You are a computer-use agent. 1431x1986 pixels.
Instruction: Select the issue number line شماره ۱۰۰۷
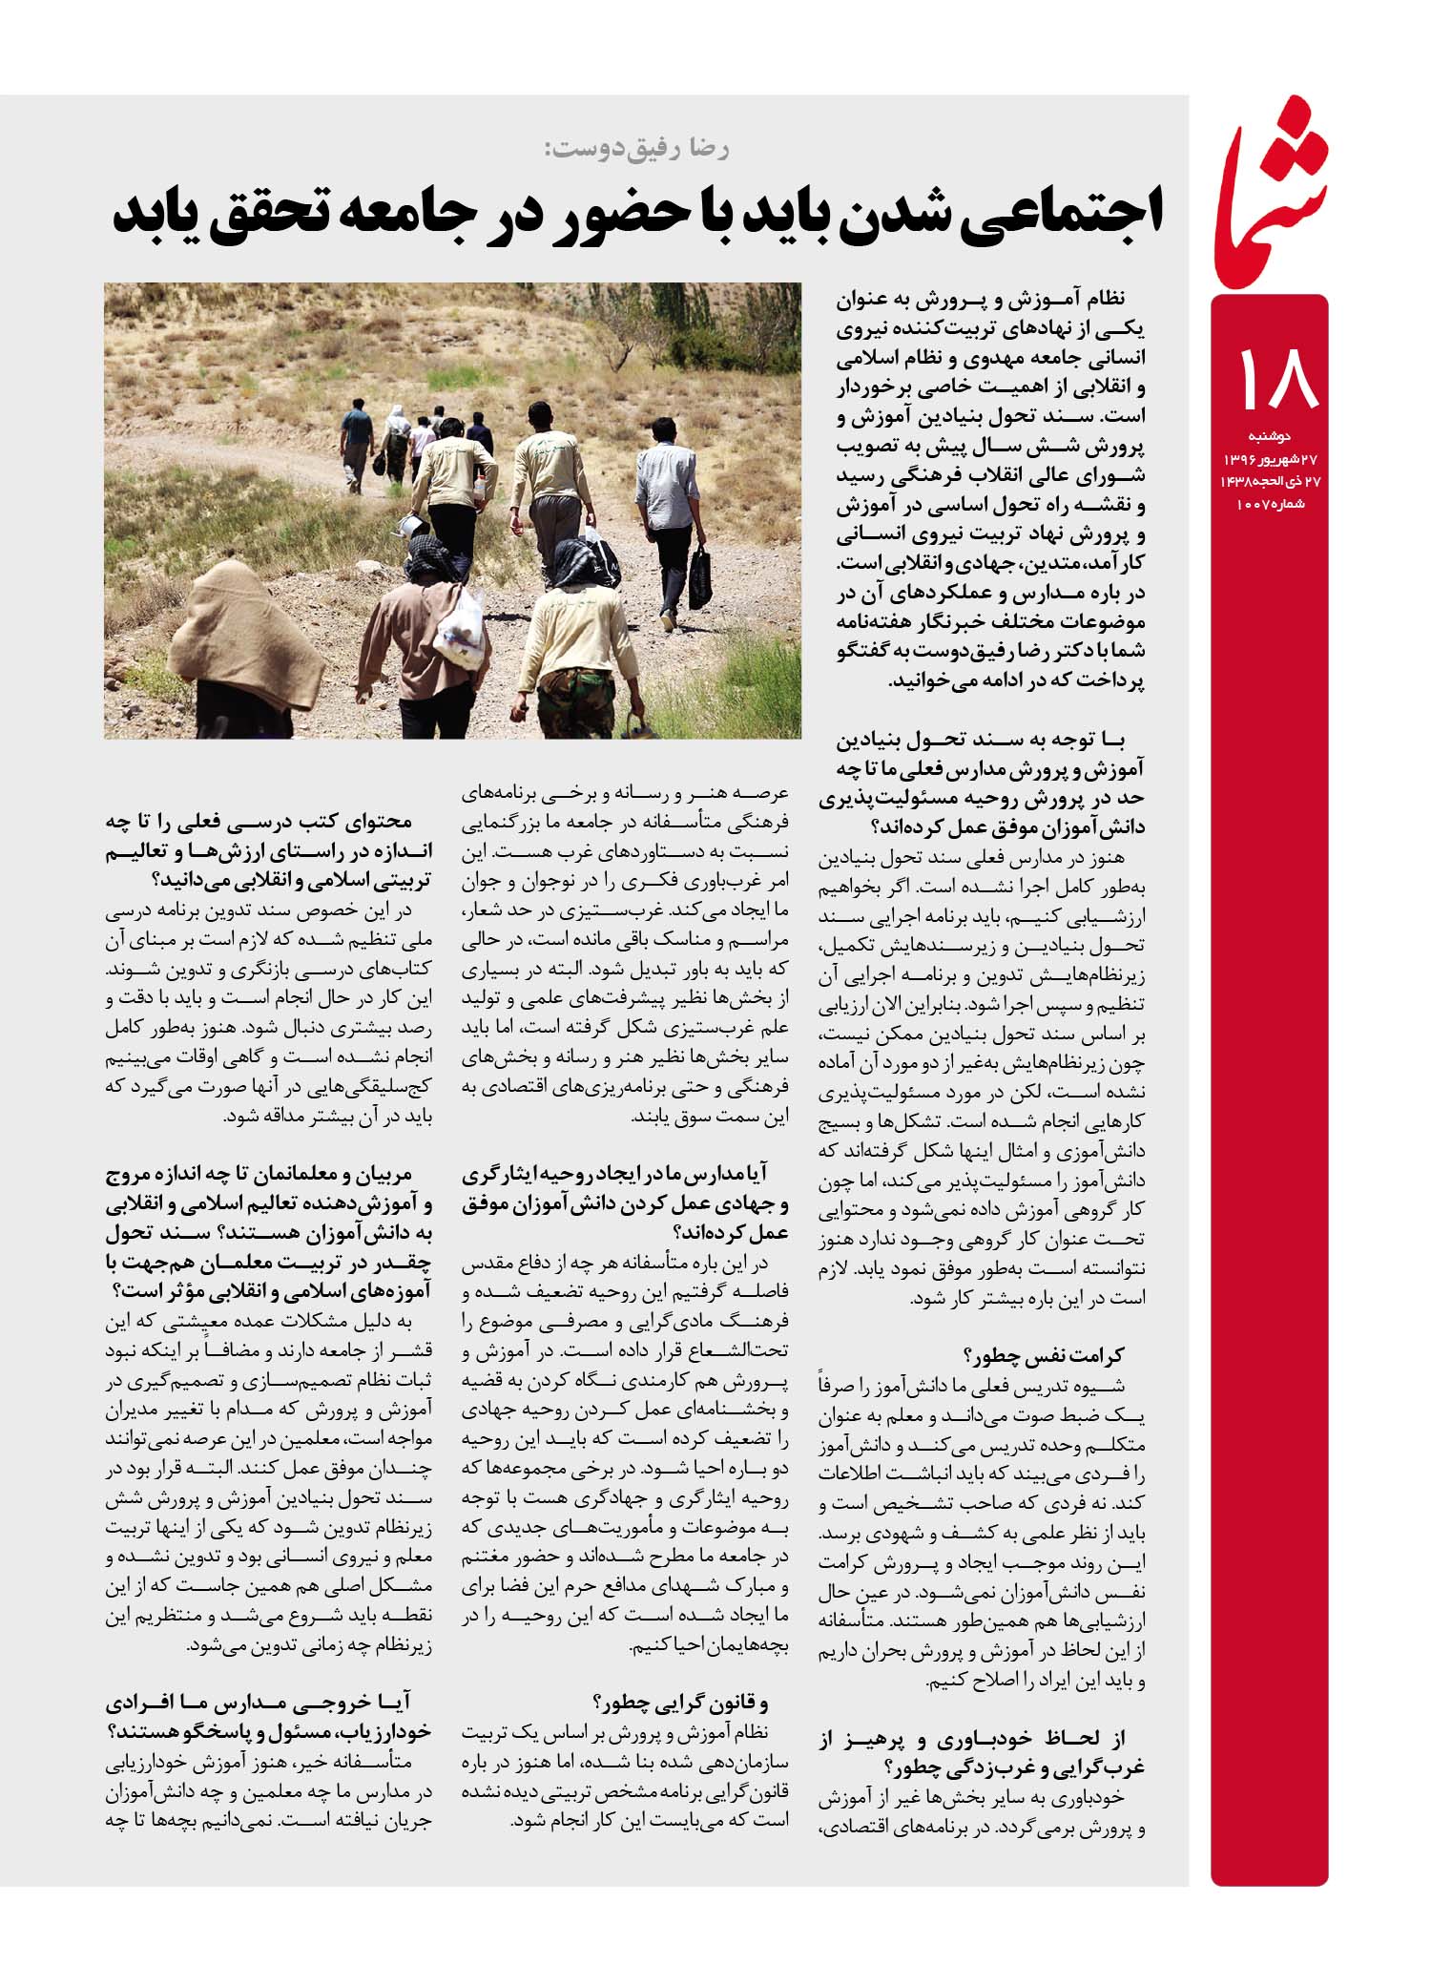pos(1270,503)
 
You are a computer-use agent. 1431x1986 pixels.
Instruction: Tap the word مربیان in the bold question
pos(402,1177)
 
